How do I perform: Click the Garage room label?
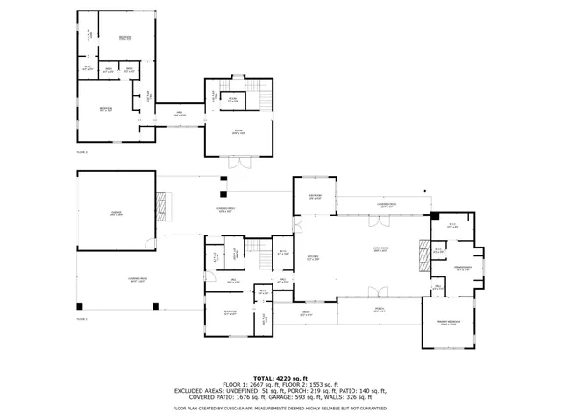tap(116, 213)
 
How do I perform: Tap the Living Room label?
tap(380, 249)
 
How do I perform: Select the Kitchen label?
tap(311, 257)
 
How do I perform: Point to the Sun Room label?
tap(315, 198)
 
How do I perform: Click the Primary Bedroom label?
tap(449, 323)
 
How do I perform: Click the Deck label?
tap(307, 313)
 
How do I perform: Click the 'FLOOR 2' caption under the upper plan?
tap(82, 151)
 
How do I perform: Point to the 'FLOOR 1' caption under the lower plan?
tap(82, 319)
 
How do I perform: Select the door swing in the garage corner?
tap(150, 244)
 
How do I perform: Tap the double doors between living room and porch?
tap(378, 292)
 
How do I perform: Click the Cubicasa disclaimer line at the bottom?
tap(280, 408)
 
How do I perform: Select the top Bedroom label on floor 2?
tap(126, 38)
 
